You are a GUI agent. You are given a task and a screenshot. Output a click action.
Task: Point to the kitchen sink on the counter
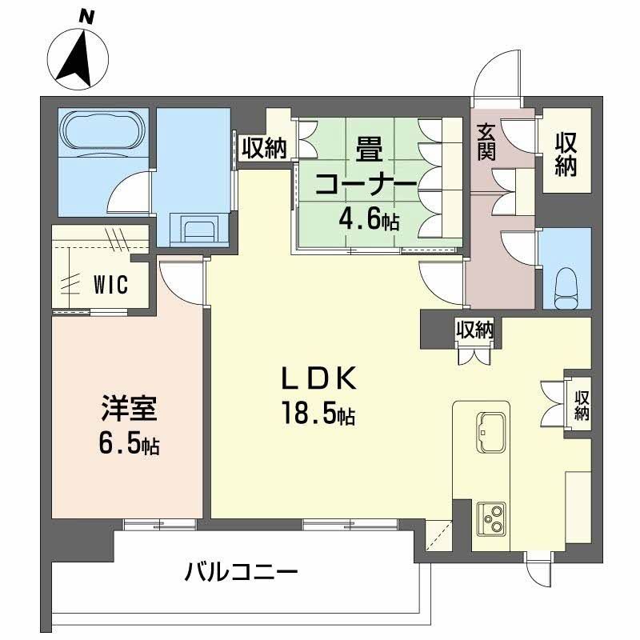(x=489, y=425)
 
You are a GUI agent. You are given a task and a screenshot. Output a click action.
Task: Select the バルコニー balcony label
(x=241, y=573)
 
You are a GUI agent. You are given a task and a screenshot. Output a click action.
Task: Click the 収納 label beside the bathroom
(x=264, y=148)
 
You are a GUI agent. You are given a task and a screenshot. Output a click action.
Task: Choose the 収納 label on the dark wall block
(x=474, y=328)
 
